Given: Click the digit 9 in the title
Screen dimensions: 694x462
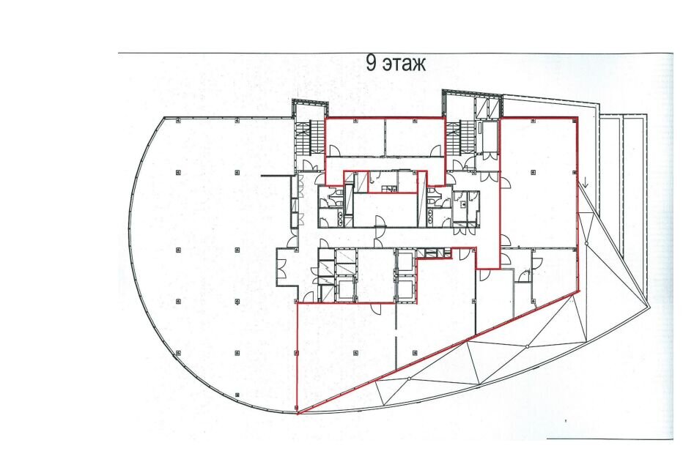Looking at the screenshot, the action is click(x=372, y=63).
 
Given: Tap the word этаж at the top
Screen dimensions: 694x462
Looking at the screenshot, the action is click(x=404, y=64).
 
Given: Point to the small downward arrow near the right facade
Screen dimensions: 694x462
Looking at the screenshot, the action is click(x=585, y=182).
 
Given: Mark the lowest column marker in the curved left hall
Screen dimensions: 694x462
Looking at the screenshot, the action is click(x=237, y=395).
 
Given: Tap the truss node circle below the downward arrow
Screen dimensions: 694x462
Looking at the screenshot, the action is click(x=586, y=244).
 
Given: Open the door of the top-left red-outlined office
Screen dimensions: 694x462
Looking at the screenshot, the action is click(x=334, y=151).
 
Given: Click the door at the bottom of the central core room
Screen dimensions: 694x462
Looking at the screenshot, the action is click(x=380, y=220).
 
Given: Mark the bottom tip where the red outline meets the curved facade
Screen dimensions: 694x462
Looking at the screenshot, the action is click(x=297, y=414).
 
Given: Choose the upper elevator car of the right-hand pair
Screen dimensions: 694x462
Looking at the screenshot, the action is click(x=405, y=261).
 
